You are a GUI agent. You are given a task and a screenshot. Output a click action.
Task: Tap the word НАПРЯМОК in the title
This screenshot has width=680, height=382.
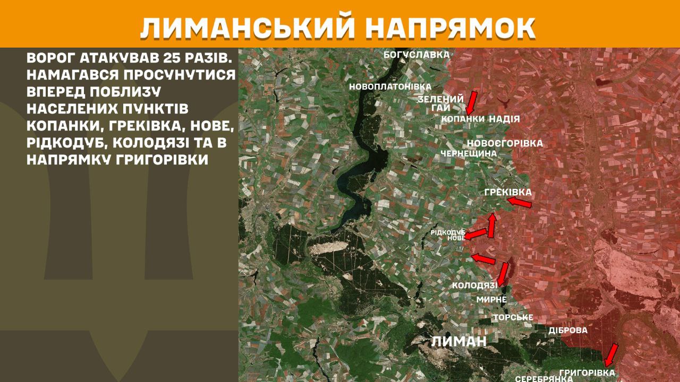pyautogui.click(x=452, y=28)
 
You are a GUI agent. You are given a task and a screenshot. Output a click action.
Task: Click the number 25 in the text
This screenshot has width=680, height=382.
pyautogui.click(x=164, y=58)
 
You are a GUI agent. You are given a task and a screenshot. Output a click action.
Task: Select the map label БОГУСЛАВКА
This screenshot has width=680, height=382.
pyautogui.click(x=416, y=54)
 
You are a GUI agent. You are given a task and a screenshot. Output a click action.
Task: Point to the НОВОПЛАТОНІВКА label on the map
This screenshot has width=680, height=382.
pyautogui.click(x=390, y=86)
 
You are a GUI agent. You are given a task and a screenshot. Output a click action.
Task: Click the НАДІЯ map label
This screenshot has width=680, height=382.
pyautogui.click(x=504, y=119)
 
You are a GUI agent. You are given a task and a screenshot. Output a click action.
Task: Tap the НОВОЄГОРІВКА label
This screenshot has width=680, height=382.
pyautogui.click(x=505, y=143)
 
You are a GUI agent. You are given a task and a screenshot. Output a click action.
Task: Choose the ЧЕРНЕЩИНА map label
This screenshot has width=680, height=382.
pyautogui.click(x=469, y=153)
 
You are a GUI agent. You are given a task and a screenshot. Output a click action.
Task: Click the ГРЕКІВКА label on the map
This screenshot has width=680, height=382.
pyautogui.click(x=508, y=192)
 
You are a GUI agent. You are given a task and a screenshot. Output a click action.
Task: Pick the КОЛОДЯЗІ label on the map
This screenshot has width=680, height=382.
pyautogui.click(x=474, y=286)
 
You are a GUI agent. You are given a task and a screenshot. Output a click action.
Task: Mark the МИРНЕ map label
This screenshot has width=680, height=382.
pyautogui.click(x=491, y=300)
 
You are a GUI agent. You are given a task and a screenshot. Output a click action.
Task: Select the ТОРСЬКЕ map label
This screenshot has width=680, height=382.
pyautogui.click(x=513, y=317)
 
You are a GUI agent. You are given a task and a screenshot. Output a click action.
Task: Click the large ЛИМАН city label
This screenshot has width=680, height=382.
pyautogui.click(x=458, y=341)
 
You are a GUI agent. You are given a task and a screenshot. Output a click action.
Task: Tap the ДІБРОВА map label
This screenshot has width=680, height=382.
pyautogui.click(x=568, y=330)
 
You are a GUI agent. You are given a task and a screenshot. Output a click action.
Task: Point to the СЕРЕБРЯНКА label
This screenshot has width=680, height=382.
pyautogui.click(x=543, y=378)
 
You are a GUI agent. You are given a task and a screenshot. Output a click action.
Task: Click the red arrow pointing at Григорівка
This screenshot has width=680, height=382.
pyautogui.click(x=611, y=354)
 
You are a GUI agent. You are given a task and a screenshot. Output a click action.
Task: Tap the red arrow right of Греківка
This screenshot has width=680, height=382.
pyautogui.click(x=519, y=202)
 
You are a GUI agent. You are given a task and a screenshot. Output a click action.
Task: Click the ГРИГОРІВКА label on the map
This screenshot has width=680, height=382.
pyautogui.click(x=587, y=372)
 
